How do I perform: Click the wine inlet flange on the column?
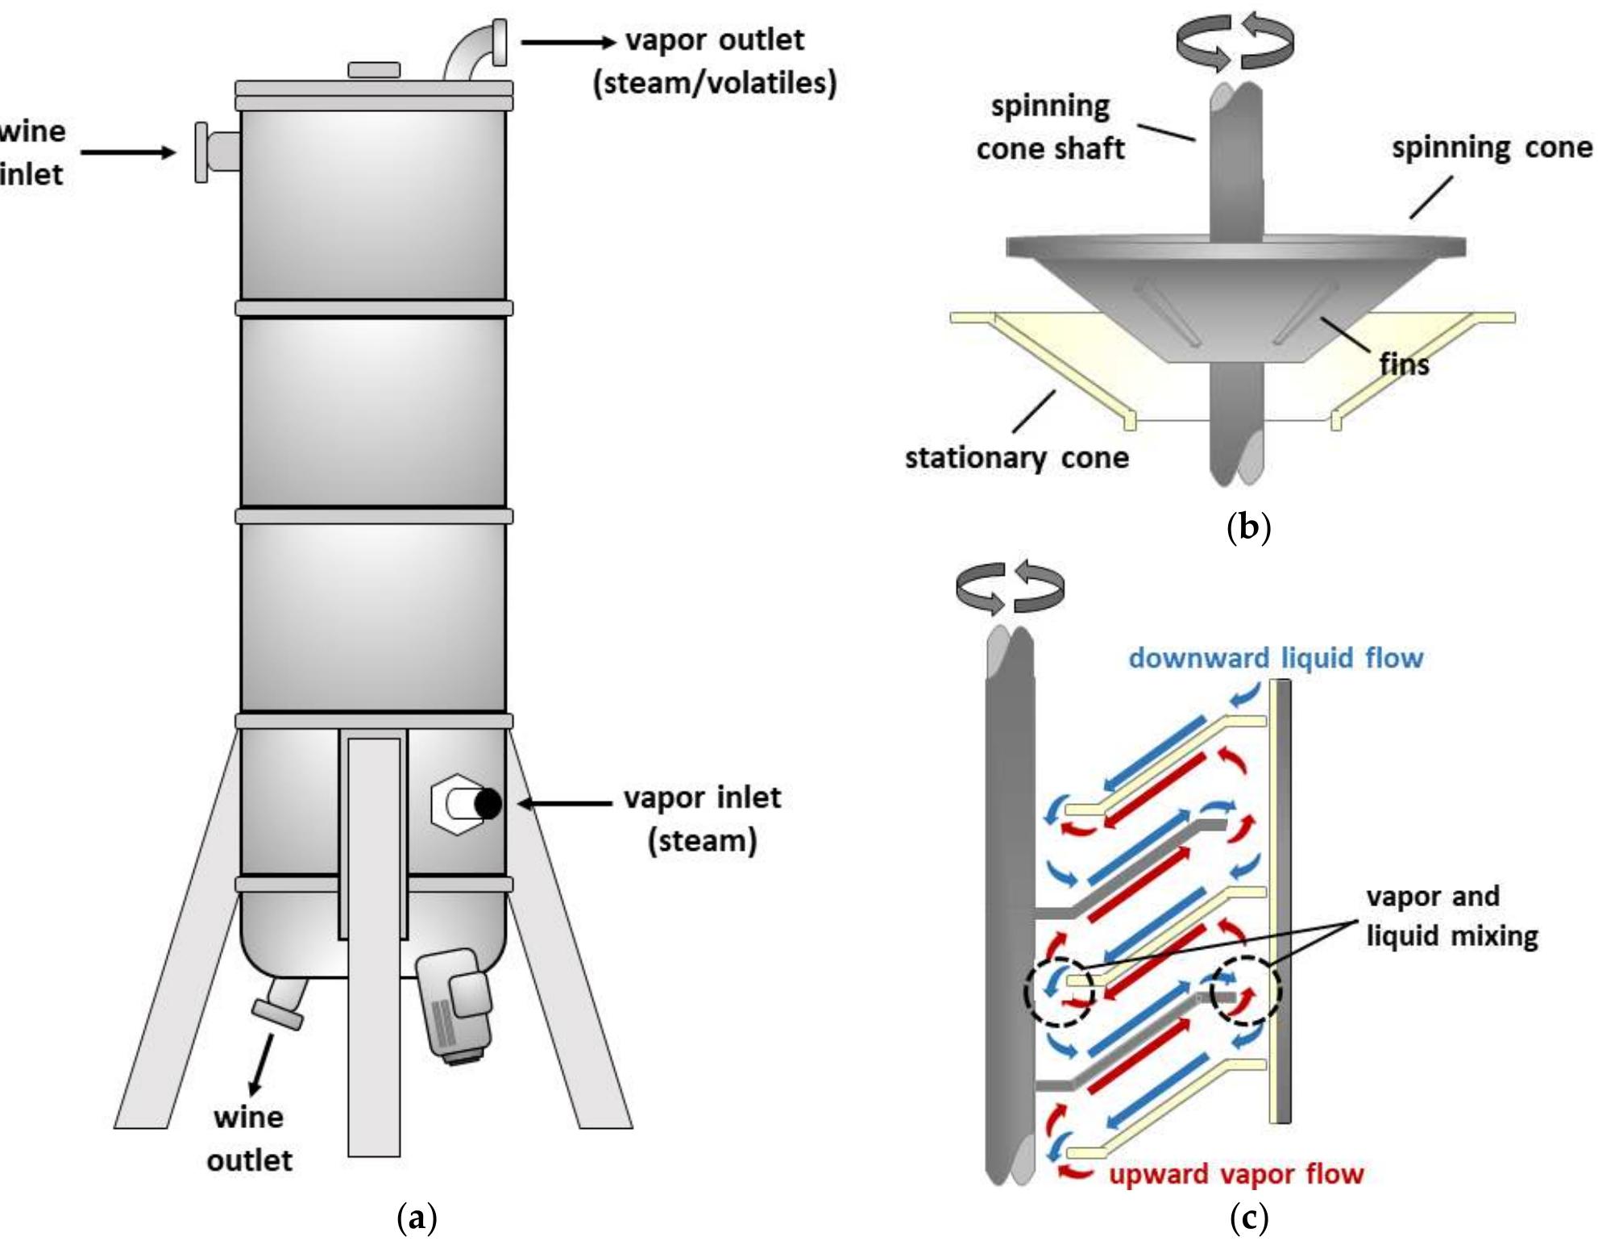click(202, 152)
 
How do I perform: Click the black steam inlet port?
click(488, 803)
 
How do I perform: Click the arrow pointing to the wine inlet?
click(127, 152)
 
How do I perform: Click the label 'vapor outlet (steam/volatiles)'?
click(714, 61)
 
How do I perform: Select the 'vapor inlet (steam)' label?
click(702, 818)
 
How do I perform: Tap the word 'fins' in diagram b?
click(1404, 364)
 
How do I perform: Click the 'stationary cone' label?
click(1016, 458)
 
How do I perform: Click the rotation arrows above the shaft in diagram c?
click(1010, 587)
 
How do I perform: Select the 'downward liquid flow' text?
click(1275, 658)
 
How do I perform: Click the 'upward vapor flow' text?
click(1235, 1174)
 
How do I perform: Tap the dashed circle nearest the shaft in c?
click(1059, 992)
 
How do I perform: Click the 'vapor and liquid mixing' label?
click(1451, 916)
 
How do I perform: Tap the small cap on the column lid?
click(374, 70)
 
